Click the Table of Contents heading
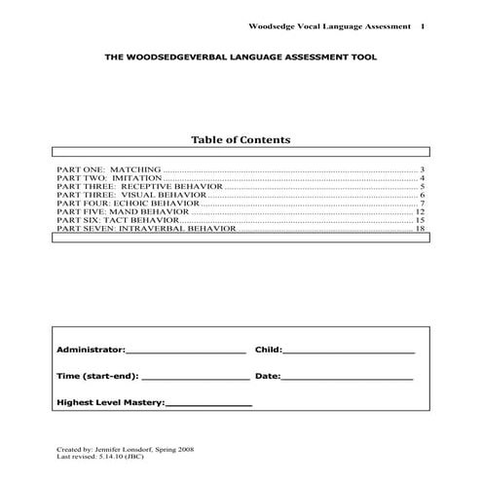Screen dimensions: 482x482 pos(240,140)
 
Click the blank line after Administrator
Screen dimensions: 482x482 pos(186,351)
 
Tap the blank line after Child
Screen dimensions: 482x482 pos(349,351)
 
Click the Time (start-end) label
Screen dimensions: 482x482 pos(97,375)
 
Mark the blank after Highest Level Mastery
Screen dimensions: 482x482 pos(209,402)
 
